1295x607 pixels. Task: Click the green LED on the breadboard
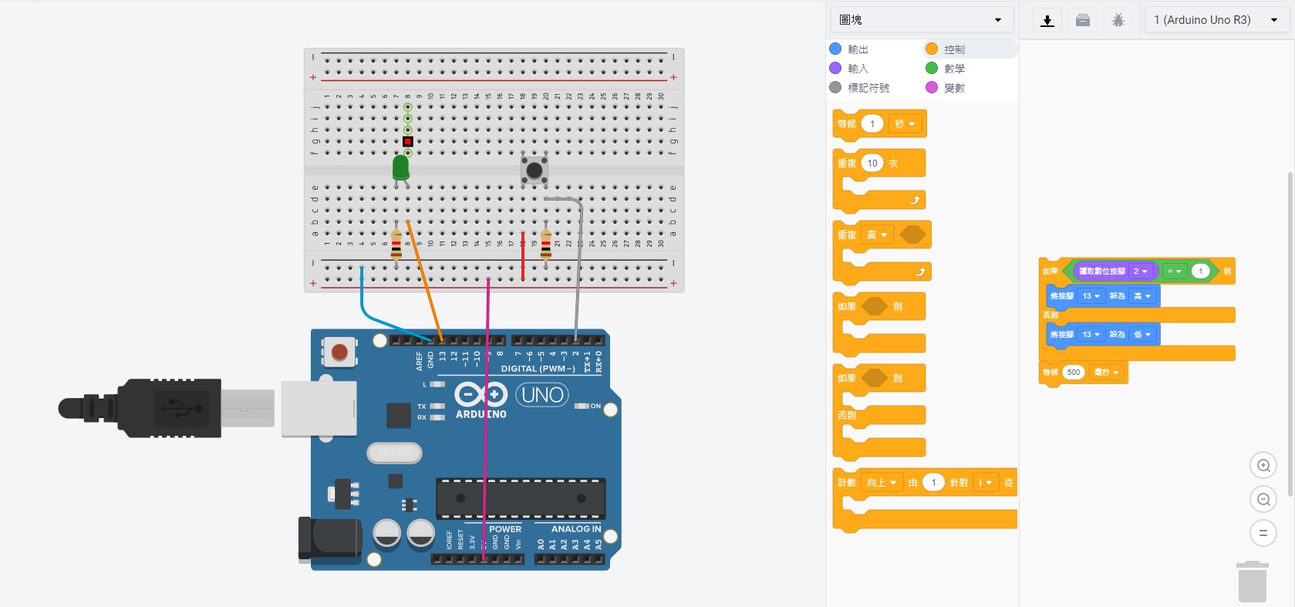pyautogui.click(x=400, y=168)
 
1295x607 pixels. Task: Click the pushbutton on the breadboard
pyautogui.click(x=534, y=170)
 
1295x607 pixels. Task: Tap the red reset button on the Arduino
pyautogui.click(x=339, y=352)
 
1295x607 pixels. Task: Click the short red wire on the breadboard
pyautogui.click(x=523, y=257)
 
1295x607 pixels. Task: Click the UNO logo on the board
pyautogui.click(x=542, y=395)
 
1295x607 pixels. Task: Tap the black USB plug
pyautogui.click(x=154, y=408)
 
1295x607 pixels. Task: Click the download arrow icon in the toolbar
pyautogui.click(x=1047, y=21)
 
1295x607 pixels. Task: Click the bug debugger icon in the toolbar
pyautogui.click(x=1118, y=21)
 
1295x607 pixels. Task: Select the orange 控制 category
pyautogui.click(x=954, y=49)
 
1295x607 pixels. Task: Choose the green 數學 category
pyautogui.click(x=954, y=69)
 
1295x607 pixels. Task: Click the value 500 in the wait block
pyautogui.click(x=1074, y=373)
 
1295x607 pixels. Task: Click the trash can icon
pyautogui.click(x=1253, y=582)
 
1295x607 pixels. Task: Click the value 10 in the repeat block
pyautogui.click(x=872, y=164)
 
